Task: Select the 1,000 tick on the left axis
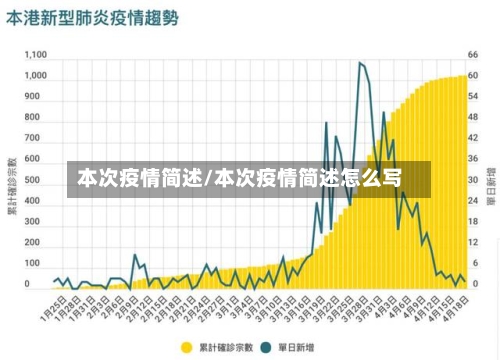click(35, 75)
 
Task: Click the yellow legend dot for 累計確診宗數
click(186, 347)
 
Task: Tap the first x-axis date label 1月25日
click(52, 308)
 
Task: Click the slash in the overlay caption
click(208, 179)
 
